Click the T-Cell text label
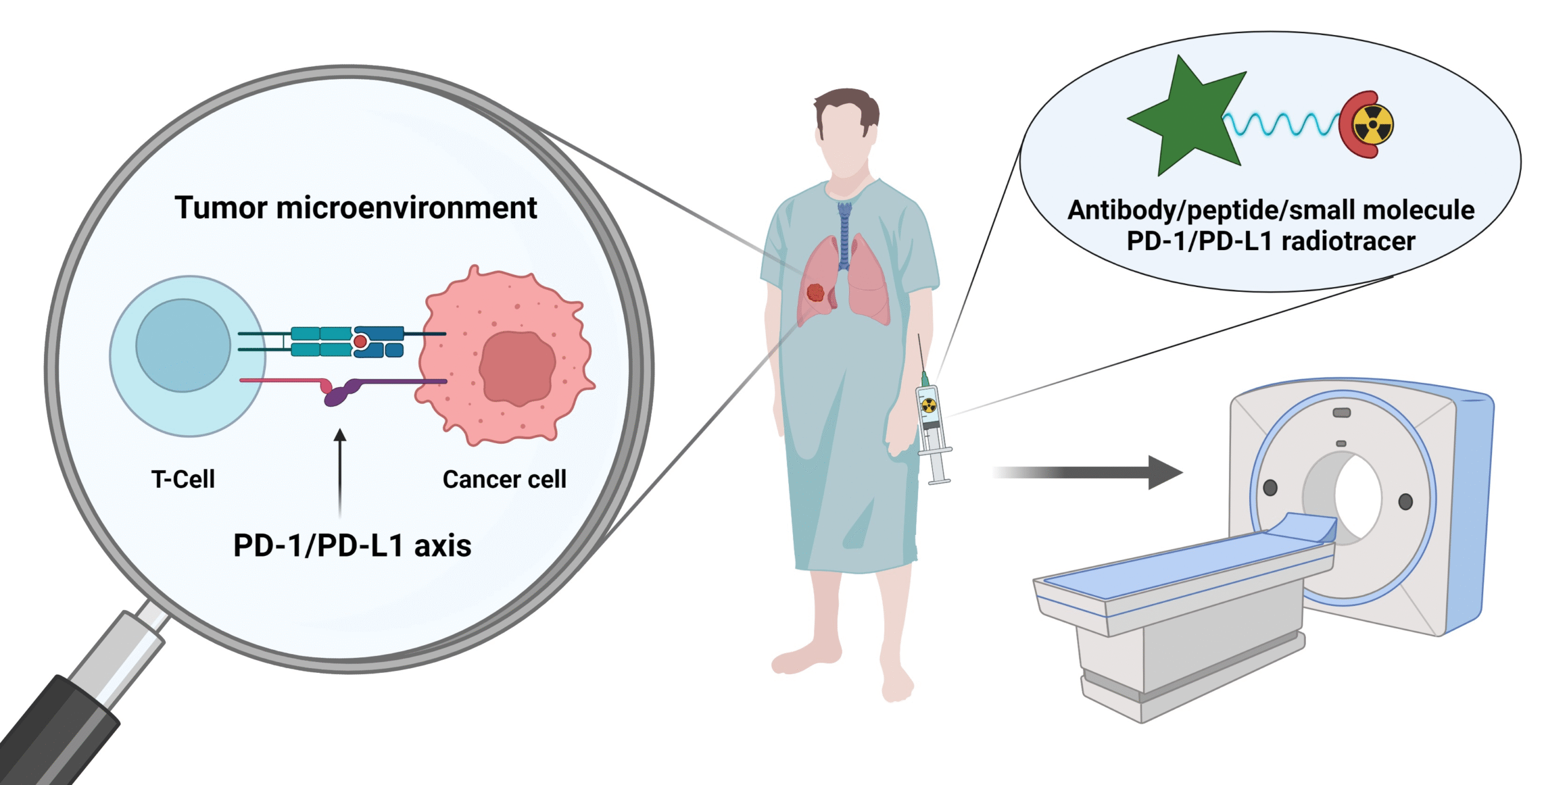[183, 479]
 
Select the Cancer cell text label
[504, 479]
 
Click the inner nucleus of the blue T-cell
[183, 345]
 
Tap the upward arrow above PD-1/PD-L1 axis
[340, 470]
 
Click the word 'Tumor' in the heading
[221, 208]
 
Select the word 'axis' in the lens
[442, 546]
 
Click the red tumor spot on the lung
[815, 293]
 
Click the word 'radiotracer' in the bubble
[1348, 241]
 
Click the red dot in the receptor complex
[360, 342]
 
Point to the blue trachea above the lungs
[844, 235]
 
